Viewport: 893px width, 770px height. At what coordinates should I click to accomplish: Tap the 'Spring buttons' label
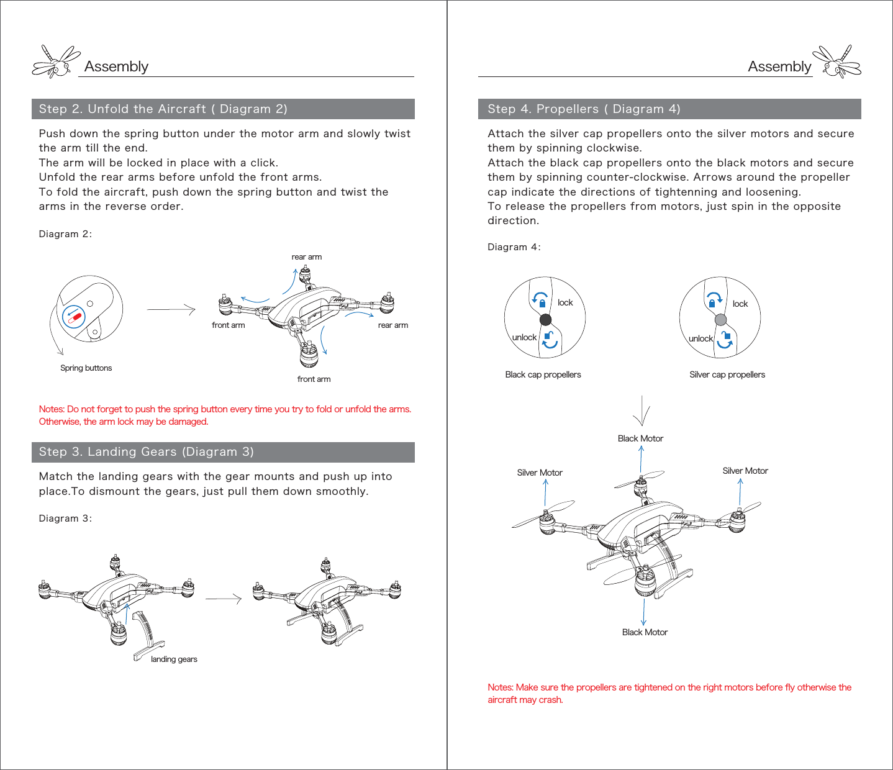click(x=86, y=368)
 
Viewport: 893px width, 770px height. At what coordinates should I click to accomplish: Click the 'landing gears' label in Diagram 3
click(x=174, y=659)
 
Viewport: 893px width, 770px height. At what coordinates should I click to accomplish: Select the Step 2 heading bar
click(x=223, y=109)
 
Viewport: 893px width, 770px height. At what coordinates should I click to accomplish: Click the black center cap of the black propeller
click(x=545, y=320)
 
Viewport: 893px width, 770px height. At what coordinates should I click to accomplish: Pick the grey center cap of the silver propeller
click(x=720, y=320)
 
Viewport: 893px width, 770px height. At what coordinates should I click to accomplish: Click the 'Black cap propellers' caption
click(x=543, y=374)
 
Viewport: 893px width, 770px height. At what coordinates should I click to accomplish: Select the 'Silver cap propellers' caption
click(x=727, y=374)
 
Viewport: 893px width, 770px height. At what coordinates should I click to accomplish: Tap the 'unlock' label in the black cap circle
click(x=524, y=337)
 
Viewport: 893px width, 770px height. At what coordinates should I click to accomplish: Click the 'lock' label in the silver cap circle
click(x=740, y=304)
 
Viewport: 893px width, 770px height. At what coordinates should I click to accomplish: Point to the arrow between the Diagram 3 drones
click(x=223, y=599)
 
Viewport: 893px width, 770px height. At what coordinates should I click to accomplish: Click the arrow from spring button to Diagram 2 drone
click(x=171, y=309)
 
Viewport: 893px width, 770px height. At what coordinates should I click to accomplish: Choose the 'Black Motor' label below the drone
click(x=645, y=632)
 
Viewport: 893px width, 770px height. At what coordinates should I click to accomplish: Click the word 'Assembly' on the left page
click(x=116, y=66)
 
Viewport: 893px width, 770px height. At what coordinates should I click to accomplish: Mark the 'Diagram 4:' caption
click(x=514, y=247)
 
